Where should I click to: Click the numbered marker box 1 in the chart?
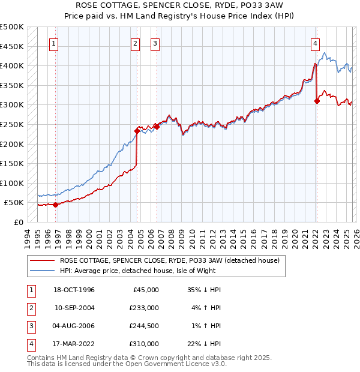pos(54,43)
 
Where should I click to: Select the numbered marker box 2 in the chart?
pos(135,43)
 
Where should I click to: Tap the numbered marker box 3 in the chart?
pos(155,43)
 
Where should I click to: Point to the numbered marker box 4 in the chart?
pos(315,43)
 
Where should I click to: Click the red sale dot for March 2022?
pos(317,101)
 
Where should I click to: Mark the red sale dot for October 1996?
pos(56,205)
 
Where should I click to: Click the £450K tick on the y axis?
pos(12,46)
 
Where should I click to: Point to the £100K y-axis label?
pos(12,183)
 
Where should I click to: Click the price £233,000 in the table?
pos(144,308)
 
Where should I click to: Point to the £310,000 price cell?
pos(144,344)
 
